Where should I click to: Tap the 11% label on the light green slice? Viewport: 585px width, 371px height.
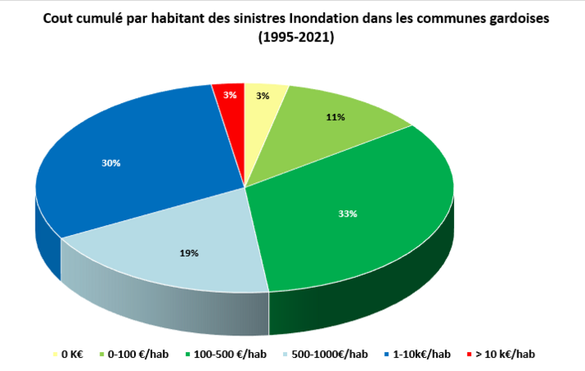(x=335, y=118)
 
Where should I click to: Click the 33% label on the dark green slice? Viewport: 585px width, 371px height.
(x=347, y=214)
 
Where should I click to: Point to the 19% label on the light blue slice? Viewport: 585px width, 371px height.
(x=189, y=253)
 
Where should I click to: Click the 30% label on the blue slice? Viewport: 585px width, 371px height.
(x=111, y=163)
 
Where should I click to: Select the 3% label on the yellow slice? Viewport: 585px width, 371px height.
(x=262, y=96)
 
